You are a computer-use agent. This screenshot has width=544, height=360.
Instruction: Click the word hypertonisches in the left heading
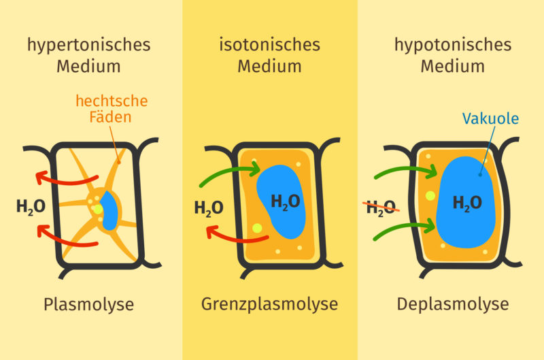coord(88,45)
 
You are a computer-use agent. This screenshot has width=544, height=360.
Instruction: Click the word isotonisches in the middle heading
coord(269,45)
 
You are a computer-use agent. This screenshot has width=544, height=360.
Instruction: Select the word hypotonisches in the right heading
coord(452,45)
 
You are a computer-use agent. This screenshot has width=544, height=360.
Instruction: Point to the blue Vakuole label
coord(490,118)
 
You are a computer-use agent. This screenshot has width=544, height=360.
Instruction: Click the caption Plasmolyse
coord(88,304)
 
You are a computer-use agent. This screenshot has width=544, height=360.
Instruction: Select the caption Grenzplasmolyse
coord(269,304)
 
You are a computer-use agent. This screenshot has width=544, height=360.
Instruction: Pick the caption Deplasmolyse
coord(452,304)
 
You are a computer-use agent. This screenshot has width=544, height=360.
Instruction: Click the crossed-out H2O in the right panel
coord(381,208)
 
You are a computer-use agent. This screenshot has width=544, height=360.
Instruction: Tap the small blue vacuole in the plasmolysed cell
coord(109,212)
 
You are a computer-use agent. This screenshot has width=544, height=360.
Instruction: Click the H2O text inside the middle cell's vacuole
coord(285,201)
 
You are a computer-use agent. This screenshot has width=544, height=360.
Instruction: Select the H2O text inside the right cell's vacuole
coord(467,203)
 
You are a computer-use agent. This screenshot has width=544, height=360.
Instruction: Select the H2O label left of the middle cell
coord(208,208)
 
